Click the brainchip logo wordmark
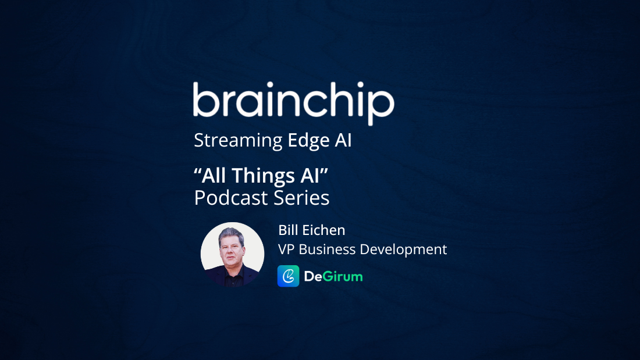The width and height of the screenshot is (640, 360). click(293, 102)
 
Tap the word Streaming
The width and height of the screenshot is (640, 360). click(238, 141)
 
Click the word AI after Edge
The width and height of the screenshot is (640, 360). click(343, 141)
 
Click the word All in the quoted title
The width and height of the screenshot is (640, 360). click(216, 175)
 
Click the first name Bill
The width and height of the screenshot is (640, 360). click(287, 230)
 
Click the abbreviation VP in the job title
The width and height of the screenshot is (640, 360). click(286, 249)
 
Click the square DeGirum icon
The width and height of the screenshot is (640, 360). click(289, 276)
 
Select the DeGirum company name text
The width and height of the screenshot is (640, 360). click(333, 276)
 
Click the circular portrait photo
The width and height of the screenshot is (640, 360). click(232, 254)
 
